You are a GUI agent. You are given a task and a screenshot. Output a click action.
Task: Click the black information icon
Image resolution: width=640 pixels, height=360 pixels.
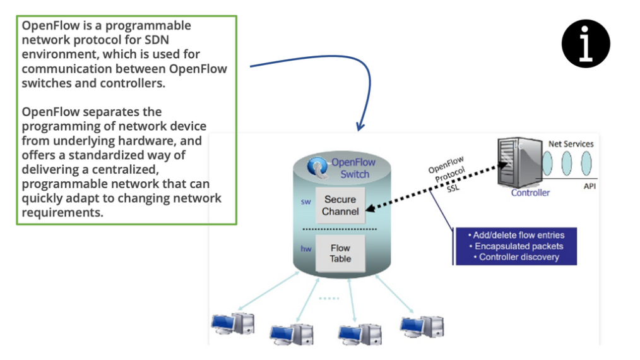586,44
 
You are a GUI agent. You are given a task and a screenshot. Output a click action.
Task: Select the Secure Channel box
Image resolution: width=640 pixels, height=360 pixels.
340,205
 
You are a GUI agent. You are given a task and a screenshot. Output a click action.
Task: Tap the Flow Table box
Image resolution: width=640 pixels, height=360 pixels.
340,253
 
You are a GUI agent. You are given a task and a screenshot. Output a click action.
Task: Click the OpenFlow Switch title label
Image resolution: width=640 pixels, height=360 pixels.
353,168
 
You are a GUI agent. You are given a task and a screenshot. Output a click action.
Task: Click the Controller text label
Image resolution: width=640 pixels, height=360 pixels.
530,193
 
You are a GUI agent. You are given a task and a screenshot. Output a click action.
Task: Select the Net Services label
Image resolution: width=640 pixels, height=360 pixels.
571,144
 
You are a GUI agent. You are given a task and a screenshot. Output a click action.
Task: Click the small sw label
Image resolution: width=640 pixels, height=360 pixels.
305,203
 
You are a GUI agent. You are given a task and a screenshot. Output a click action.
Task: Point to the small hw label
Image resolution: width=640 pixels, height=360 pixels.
306,249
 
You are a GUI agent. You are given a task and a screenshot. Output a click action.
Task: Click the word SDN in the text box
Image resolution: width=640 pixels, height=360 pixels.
178,40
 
